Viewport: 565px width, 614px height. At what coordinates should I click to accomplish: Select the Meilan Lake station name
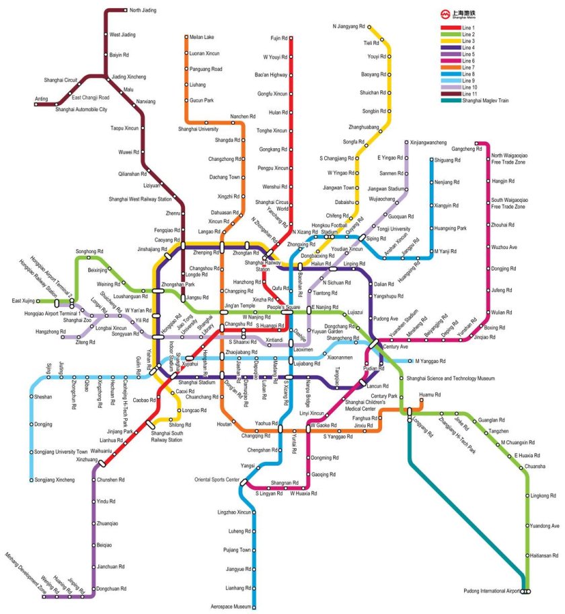pyautogui.click(x=202, y=36)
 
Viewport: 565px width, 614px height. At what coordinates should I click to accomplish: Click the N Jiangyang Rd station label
pyautogui.click(x=348, y=26)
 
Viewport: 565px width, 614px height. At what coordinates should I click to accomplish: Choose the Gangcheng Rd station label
pyautogui.click(x=467, y=148)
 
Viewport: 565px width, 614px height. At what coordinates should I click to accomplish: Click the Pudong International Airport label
pyautogui.click(x=492, y=591)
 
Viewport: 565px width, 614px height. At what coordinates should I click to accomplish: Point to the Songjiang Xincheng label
pyautogui.click(x=54, y=479)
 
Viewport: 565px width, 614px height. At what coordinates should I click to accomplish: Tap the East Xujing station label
pyautogui.click(x=22, y=300)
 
